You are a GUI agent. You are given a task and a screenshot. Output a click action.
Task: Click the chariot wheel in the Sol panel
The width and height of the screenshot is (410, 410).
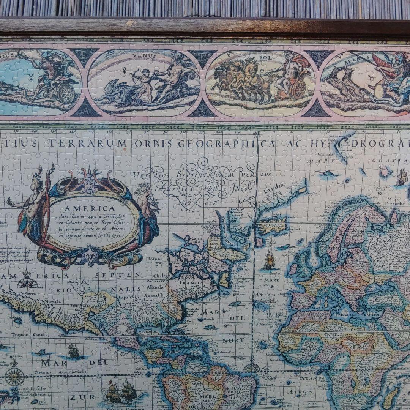point(299,90)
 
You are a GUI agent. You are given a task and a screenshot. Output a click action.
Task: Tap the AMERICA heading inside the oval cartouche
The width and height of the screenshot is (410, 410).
point(90,208)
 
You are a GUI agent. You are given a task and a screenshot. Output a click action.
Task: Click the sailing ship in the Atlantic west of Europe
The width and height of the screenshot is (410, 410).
point(269,261)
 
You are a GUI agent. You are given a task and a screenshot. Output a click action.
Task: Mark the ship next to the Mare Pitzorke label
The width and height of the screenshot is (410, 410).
point(401,177)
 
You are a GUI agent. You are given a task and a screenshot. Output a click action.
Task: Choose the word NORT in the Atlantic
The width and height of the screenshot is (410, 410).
point(233,341)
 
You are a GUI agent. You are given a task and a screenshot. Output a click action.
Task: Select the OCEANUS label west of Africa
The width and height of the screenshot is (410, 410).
point(312,378)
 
